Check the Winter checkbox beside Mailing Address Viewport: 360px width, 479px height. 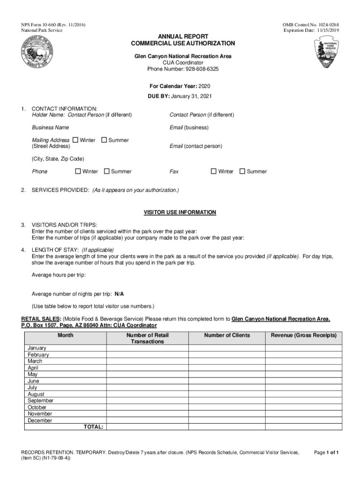pyautogui.click(x=75, y=140)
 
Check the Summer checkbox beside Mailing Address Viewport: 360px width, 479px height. pyautogui.click(x=104, y=140)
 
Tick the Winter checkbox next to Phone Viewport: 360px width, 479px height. pyautogui.click(x=78, y=171)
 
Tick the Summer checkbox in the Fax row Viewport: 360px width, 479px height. pyautogui.click(x=242, y=171)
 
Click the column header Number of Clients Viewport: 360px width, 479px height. pyautogui.click(x=227, y=335)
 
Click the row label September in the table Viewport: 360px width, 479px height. pyautogui.click(x=41, y=400)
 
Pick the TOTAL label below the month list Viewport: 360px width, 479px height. pyautogui.click(x=94, y=427)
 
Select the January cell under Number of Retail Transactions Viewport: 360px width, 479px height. pyautogui.click(x=147, y=348)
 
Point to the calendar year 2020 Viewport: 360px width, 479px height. pyautogui.click(x=205, y=87)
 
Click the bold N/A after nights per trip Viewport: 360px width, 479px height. pyautogui.click(x=119, y=294)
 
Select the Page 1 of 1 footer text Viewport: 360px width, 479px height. pyautogui.click(x=326, y=452)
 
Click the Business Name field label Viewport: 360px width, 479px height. pyautogui.click(x=50, y=127)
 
